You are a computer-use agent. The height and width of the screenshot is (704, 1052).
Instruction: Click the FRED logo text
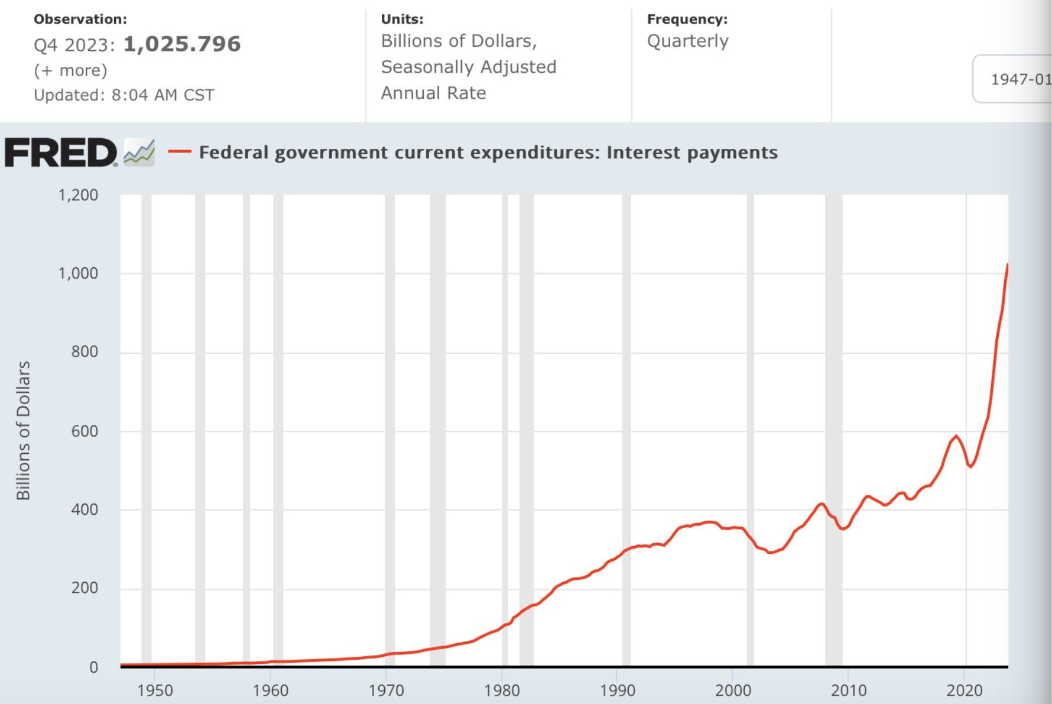61,153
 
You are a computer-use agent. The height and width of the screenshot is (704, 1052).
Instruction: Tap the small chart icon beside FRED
139,153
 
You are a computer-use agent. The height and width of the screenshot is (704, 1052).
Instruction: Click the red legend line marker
180,152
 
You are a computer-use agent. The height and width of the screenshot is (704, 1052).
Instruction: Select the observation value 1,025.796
182,44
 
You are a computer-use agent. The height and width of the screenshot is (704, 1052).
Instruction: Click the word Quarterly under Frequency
687,41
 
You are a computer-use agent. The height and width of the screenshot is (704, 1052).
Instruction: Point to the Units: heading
402,19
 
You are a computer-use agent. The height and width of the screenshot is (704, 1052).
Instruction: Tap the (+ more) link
70,70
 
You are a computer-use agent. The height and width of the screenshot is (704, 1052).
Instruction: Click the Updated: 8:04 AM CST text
124,95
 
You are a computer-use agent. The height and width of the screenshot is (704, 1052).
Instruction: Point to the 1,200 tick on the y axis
78,195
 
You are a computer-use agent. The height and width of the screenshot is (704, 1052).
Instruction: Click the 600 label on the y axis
85,431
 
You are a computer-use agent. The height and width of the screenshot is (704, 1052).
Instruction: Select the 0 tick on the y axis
93,667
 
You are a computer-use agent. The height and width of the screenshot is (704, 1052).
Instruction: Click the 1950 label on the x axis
155,690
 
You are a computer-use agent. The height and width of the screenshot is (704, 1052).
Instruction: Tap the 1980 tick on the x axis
502,690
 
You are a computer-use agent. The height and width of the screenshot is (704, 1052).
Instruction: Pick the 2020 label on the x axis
965,690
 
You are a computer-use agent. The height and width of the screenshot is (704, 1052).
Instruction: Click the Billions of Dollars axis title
23,430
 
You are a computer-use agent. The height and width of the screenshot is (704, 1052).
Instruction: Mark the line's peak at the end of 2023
1007,265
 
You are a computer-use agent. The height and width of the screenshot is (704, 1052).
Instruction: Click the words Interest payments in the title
691,153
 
